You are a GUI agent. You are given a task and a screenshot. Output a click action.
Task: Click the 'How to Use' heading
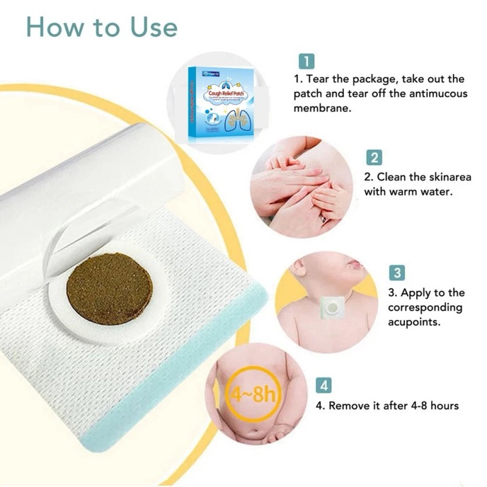(x=102, y=27)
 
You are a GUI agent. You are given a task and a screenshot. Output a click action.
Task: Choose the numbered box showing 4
(x=325, y=385)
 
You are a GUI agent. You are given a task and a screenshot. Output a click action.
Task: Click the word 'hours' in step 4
(x=441, y=405)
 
